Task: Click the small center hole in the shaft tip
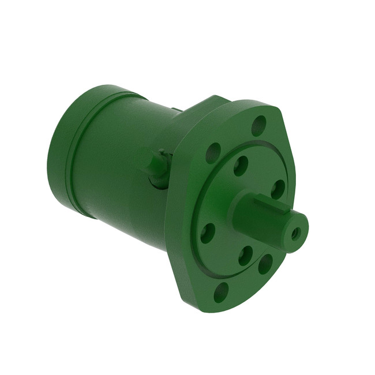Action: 296,233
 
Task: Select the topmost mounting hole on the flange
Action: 258,125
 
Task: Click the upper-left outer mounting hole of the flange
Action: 213,152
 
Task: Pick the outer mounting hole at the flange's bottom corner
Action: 221,292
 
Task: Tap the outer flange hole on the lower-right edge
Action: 265,263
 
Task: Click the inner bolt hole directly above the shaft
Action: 241,166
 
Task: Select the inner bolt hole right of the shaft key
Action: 277,189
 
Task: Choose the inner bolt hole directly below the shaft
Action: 245,255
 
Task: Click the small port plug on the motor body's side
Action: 156,167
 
